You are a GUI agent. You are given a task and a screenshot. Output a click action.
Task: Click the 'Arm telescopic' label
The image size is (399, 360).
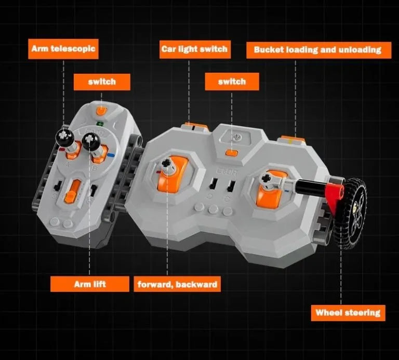63,49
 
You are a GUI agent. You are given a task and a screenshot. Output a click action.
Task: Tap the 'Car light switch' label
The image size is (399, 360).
195,49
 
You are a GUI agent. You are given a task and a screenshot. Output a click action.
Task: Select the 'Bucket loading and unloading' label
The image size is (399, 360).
318,50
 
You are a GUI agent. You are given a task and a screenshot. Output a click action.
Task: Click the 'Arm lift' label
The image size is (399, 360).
90,284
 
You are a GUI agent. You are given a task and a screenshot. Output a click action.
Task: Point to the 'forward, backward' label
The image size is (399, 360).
177,284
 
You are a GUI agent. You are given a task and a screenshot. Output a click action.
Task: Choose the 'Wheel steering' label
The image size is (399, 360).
348,313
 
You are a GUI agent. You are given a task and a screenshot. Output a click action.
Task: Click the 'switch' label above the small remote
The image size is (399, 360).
102,82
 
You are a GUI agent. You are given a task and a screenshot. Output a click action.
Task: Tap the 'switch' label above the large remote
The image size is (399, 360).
232,82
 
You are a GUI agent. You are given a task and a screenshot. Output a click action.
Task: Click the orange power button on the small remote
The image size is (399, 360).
101,111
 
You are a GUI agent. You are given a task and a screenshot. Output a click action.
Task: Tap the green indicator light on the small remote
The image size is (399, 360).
100,124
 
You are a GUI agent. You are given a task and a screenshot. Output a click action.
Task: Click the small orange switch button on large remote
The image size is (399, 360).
232,153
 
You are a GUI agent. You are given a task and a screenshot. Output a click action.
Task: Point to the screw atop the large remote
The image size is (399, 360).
237,137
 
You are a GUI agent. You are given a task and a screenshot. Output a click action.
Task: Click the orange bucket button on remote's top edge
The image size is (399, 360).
292,139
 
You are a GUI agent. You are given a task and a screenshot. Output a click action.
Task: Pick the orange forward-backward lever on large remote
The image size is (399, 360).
171,175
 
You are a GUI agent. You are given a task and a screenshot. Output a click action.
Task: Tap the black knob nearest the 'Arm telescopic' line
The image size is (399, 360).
64,137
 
